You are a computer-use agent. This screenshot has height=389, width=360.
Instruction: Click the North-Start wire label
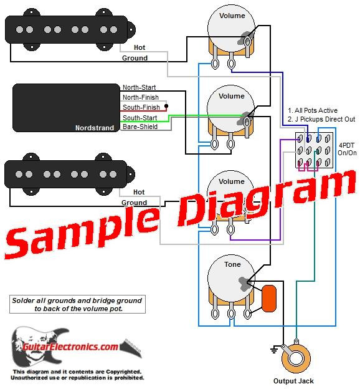(139, 88)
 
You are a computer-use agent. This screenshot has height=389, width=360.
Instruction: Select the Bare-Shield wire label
(140, 127)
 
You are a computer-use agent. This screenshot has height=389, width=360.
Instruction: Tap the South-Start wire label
(140, 118)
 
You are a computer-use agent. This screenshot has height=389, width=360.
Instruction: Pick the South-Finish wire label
(140, 108)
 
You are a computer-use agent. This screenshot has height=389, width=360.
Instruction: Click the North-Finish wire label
(140, 98)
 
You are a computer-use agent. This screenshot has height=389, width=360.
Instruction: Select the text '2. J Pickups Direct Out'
(321, 120)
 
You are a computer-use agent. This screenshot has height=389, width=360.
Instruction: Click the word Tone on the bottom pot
(232, 265)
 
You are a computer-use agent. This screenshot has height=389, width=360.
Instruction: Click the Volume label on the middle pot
(232, 96)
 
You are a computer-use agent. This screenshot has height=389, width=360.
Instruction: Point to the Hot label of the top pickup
(139, 48)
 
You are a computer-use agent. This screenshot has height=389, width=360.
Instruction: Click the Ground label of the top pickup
(135, 58)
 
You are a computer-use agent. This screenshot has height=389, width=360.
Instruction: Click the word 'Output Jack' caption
(293, 381)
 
